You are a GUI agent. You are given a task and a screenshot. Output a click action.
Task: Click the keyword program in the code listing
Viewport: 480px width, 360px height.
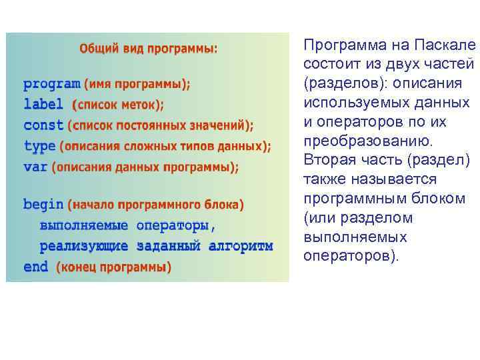(51, 85)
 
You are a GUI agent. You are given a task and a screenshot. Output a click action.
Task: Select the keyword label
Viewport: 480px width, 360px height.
(43, 105)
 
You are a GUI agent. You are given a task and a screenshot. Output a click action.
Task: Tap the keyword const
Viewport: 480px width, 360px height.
(43, 125)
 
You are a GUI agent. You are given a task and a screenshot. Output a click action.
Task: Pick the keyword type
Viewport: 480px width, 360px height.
(39, 145)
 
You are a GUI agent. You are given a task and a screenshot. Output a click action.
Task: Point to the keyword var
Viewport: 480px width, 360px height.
(35, 166)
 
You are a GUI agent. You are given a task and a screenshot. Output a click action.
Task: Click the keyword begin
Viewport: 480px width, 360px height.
(43, 204)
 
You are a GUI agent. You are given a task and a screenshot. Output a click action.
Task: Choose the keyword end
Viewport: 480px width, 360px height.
(35, 267)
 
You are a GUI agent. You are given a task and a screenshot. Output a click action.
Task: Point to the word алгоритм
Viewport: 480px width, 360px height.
(241, 246)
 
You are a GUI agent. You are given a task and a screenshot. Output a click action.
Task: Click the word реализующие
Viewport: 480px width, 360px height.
(84, 246)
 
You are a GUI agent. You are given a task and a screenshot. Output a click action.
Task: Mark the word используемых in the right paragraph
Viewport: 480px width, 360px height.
(344, 103)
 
